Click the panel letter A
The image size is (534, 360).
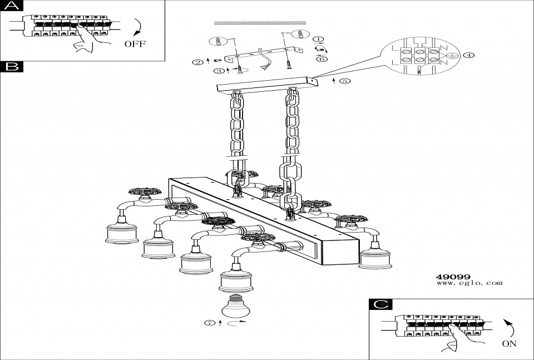(11, 6)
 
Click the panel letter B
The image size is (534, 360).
(11, 67)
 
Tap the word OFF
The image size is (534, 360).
(135, 43)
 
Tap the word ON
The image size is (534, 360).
(509, 343)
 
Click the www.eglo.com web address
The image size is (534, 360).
(469, 283)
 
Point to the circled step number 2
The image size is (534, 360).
(197, 62)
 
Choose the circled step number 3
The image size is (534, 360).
(220, 71)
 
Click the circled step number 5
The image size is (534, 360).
(345, 81)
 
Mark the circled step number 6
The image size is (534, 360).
(321, 58)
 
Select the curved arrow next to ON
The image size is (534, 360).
(508, 328)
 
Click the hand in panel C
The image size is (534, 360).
(457, 338)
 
